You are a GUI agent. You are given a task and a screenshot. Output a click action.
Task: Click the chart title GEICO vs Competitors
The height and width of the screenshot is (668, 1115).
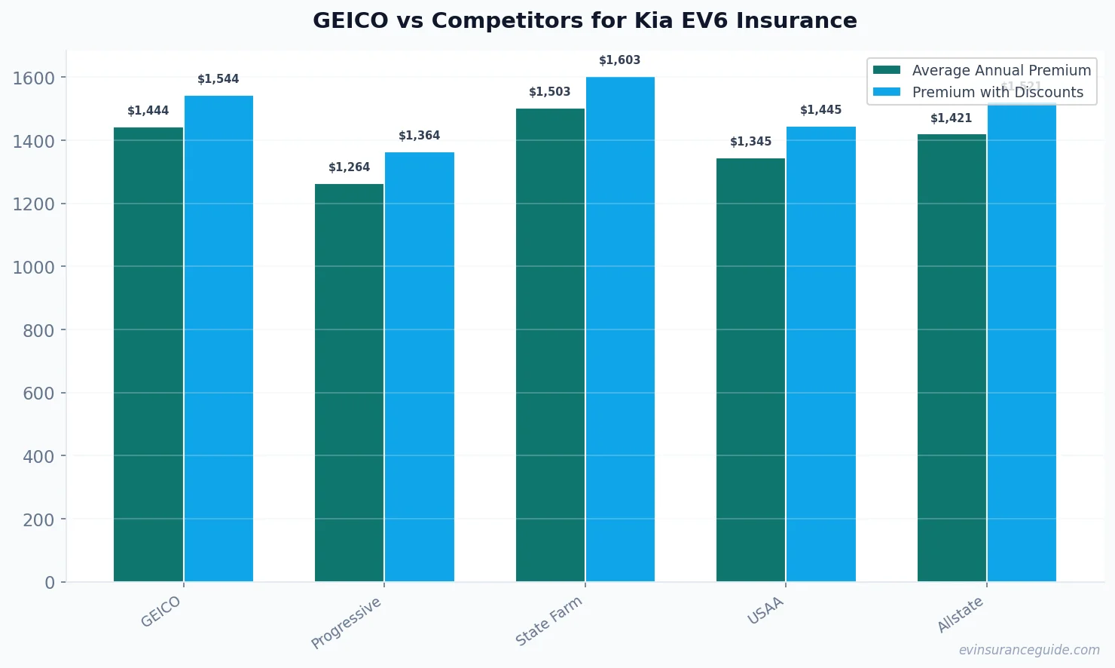[585, 20]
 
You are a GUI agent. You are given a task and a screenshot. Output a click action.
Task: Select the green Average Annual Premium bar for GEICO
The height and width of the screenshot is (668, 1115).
[148, 354]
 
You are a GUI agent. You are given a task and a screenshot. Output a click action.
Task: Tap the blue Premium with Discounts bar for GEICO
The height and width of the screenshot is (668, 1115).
[218, 339]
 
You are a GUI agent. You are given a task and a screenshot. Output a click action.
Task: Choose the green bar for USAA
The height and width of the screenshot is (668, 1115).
[750, 369]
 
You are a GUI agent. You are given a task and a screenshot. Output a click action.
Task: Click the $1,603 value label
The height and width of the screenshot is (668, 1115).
[619, 60]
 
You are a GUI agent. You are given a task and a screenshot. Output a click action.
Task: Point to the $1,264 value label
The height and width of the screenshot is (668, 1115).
[349, 167]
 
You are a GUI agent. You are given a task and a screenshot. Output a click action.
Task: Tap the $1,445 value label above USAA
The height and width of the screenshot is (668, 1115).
[820, 110]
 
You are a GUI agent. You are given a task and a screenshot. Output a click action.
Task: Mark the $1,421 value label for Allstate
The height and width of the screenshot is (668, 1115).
[951, 118]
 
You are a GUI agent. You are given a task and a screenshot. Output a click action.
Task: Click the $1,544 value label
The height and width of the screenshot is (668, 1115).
[218, 79]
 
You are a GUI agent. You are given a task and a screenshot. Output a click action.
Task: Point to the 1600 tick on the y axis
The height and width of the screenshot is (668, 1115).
[34, 78]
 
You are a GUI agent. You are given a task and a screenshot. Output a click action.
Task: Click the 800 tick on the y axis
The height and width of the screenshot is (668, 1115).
[38, 330]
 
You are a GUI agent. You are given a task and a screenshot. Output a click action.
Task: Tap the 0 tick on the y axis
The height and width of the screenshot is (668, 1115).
[50, 582]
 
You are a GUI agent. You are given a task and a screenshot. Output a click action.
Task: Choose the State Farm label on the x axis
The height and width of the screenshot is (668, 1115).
[548, 621]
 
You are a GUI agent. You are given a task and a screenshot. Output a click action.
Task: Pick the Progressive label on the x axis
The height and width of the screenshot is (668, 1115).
[346, 623]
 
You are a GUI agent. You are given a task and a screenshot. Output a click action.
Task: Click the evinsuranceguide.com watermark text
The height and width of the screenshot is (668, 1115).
[1028, 650]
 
